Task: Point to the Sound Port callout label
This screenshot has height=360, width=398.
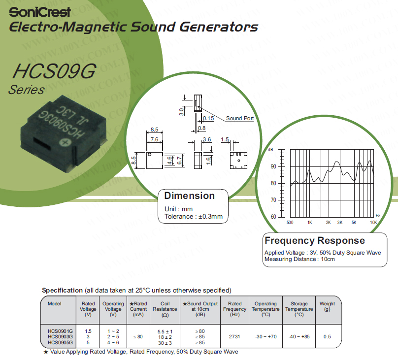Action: pos(240,118)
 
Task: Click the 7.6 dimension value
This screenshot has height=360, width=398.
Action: pos(154,140)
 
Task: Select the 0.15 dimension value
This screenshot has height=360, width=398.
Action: pos(208,118)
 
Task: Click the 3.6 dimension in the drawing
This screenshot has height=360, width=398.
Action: pos(206,140)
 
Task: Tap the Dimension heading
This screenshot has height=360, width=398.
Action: pos(189,196)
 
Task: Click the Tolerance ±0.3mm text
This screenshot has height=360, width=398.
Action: pos(194,216)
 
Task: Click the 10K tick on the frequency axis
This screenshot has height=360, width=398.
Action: pos(374,223)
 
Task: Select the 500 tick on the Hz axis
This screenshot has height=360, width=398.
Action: pos(290,223)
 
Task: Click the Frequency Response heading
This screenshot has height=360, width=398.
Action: pos(315,241)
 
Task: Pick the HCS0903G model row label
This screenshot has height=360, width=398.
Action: pos(60,336)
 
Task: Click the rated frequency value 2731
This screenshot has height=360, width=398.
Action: pos(234,336)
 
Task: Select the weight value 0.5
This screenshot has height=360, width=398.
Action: pos(327,336)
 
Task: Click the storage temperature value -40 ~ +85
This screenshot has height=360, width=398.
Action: pos(299,336)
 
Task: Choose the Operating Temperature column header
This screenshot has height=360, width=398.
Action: pos(265,309)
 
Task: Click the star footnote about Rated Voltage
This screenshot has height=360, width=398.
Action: pos(140,352)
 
